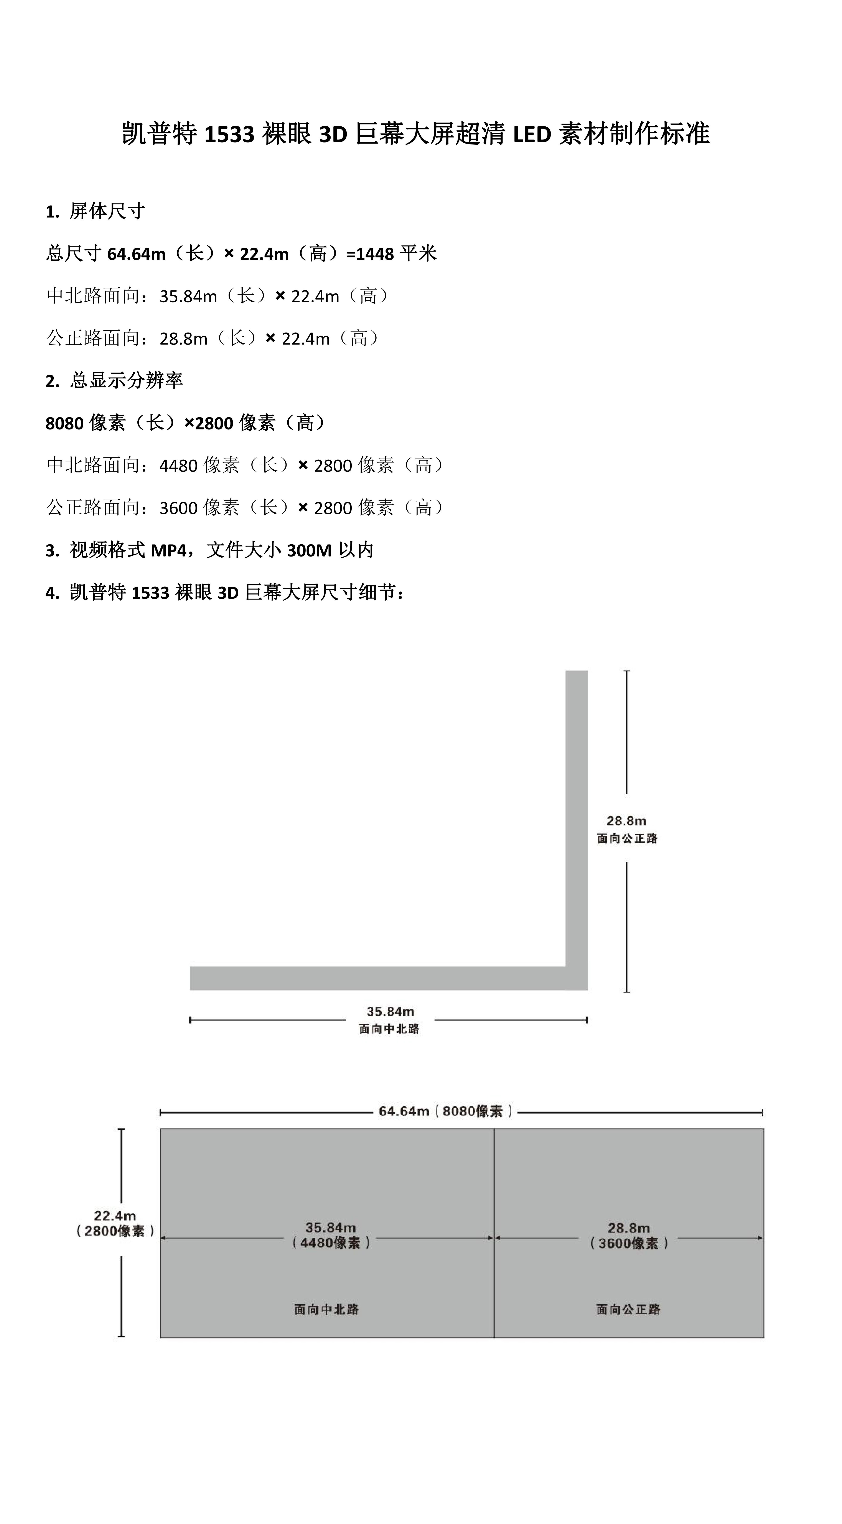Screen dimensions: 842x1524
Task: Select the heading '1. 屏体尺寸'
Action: pyautogui.click(x=95, y=211)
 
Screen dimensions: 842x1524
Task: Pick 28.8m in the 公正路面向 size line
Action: pyautogui.click(x=183, y=338)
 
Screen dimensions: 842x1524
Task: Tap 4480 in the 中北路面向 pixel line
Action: pyautogui.click(x=179, y=465)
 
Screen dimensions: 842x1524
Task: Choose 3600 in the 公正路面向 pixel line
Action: pyautogui.click(x=179, y=508)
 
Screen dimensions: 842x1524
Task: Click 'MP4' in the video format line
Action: pyautogui.click(x=169, y=550)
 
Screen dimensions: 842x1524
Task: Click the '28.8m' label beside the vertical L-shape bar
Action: pyautogui.click(x=627, y=821)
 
